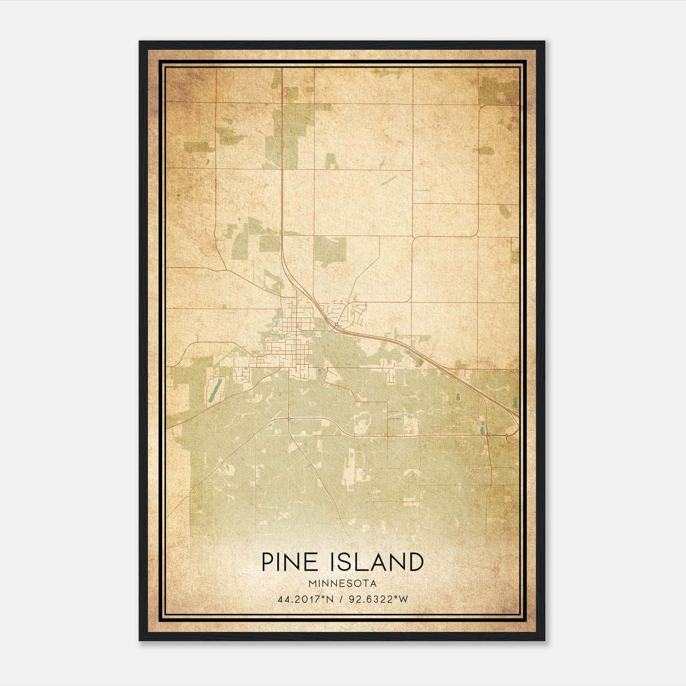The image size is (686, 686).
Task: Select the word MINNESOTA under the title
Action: click(x=343, y=584)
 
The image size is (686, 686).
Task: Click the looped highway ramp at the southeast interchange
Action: click(x=511, y=438)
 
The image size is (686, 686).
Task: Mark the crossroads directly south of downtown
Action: click(x=289, y=418)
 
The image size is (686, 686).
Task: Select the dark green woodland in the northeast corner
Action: click(x=497, y=91)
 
